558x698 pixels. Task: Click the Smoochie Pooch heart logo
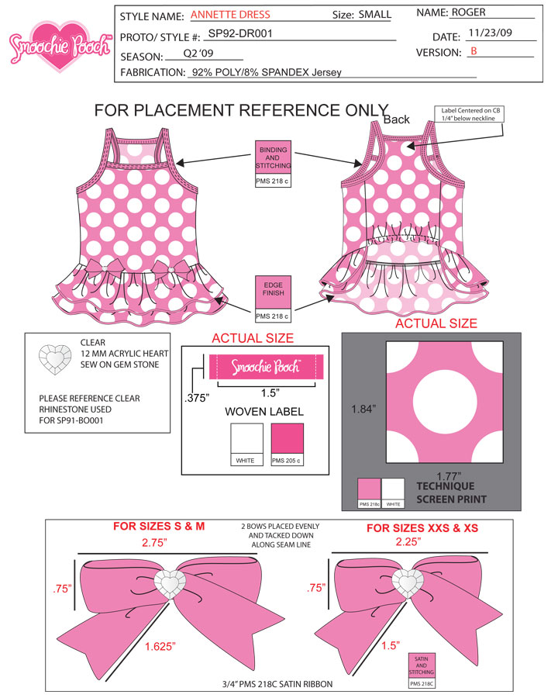60,47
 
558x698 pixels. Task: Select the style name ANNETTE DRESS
230,15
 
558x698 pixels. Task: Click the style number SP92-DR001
240,33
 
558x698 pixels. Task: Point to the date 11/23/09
490,33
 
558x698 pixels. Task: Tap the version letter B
474,51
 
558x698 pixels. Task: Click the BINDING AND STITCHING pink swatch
274,158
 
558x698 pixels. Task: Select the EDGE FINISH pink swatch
274,292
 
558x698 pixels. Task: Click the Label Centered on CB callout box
470,115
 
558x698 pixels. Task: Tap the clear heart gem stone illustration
55,359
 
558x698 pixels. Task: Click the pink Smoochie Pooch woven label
266,367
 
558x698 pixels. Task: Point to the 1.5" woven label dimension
270,393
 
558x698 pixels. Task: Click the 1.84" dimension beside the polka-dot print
363,409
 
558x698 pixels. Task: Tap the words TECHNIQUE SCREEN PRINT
451,492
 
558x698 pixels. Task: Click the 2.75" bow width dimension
154,543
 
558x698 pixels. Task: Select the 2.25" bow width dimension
408,542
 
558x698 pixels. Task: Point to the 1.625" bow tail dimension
160,646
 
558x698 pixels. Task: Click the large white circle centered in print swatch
445,403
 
